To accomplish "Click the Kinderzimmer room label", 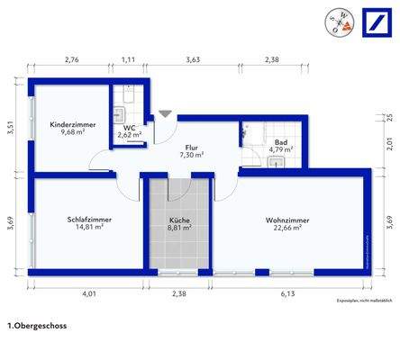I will pos(68,123).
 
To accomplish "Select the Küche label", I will pos(180,220).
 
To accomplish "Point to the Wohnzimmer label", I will pos(287,219).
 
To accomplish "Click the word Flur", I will pos(191,147).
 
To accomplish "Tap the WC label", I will pos(130,127).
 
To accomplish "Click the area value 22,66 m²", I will pos(288,228).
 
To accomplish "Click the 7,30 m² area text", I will pos(191,155).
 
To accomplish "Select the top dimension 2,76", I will pos(72,59).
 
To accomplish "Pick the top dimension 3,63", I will pos(192,59).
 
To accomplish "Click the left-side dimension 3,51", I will pos(10,127).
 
